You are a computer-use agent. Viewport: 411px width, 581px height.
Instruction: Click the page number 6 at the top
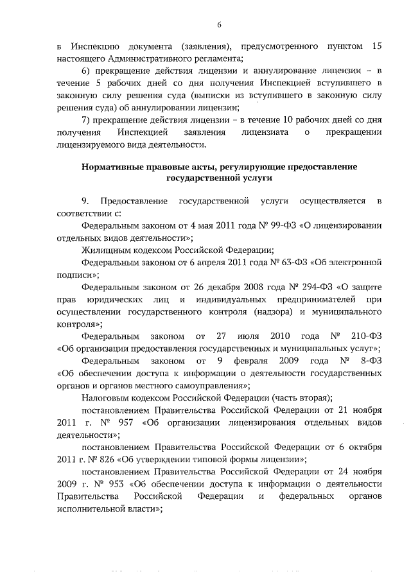click(x=219, y=24)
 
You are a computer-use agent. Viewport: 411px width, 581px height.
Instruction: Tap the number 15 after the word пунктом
click(x=377, y=47)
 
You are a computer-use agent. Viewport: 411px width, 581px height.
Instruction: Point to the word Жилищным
click(x=105, y=250)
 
